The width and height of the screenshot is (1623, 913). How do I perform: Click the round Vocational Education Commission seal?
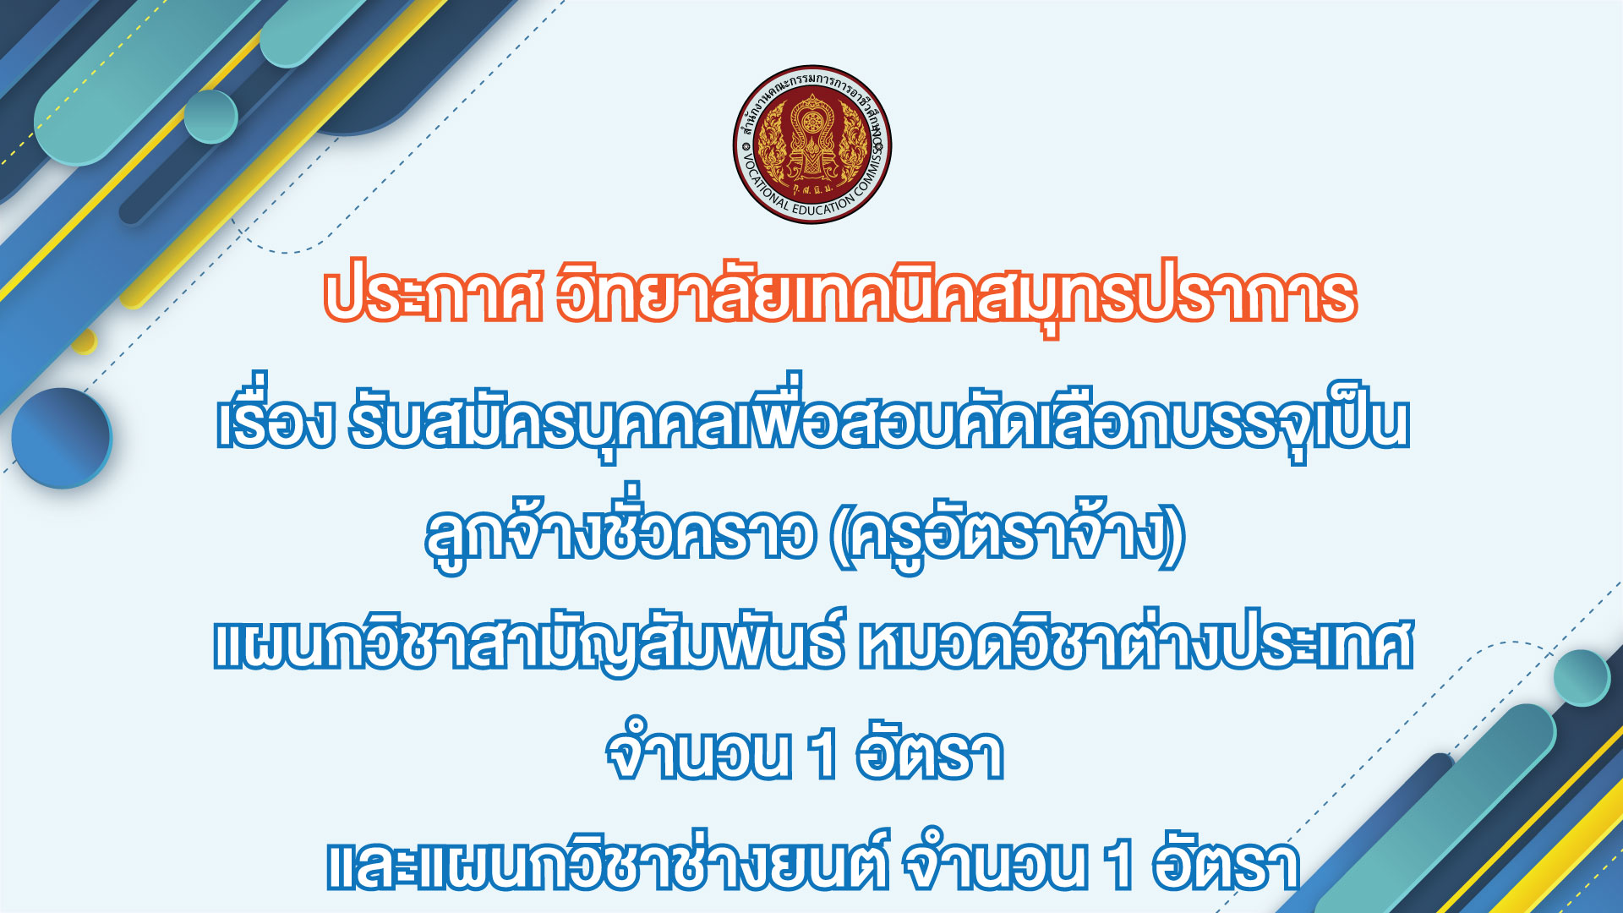pyautogui.click(x=812, y=145)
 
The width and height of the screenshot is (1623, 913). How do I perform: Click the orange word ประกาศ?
pyautogui.click(x=433, y=296)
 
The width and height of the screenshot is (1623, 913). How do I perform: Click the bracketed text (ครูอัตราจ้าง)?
pyautogui.click(x=1007, y=534)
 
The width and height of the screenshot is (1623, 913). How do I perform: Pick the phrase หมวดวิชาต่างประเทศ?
pyautogui.click(x=1136, y=644)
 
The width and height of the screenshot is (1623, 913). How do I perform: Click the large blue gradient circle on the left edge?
pyautogui.click(x=61, y=438)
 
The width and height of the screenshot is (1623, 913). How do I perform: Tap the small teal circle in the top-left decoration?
pyautogui.click(x=210, y=116)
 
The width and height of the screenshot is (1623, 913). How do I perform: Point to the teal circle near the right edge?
pyautogui.click(x=1582, y=678)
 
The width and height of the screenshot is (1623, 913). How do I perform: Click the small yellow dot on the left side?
pyautogui.click(x=84, y=342)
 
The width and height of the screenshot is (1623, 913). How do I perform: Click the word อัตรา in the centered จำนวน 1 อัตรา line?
pyautogui.click(x=930, y=750)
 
